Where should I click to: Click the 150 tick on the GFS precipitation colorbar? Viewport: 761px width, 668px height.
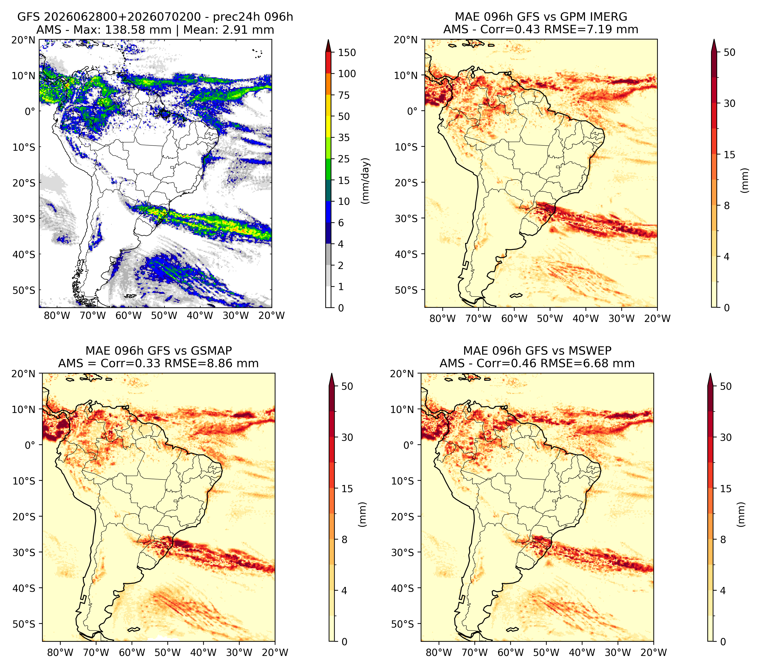click(x=347, y=52)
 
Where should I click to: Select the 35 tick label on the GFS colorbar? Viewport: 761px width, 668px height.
click(x=344, y=138)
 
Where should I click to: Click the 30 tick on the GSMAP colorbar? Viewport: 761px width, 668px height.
click(x=347, y=437)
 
